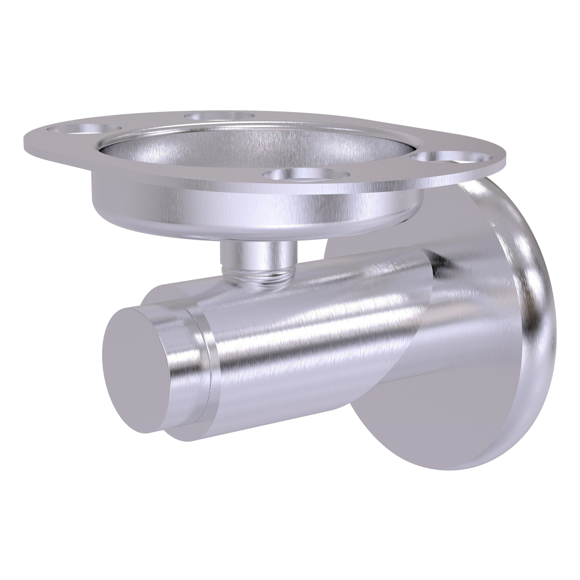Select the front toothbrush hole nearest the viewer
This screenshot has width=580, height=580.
point(306,174)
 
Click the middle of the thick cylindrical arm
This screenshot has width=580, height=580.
point(300,339)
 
